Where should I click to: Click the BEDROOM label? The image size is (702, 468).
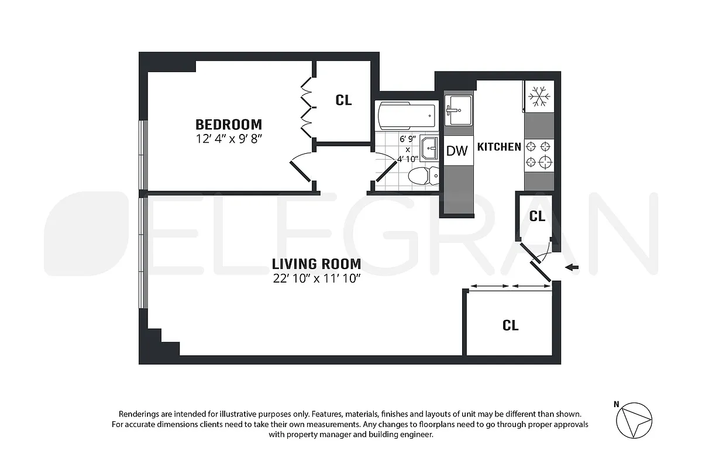click(x=228, y=125)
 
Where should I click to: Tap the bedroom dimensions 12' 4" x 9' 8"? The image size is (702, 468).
click(x=228, y=139)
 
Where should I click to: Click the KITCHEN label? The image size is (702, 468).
click(x=499, y=147)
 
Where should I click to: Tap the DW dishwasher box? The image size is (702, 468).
click(x=457, y=151)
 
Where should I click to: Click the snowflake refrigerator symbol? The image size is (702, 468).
click(x=539, y=97)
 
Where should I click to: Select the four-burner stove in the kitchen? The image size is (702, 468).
click(x=539, y=154)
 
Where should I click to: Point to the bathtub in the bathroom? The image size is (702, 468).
click(x=407, y=116)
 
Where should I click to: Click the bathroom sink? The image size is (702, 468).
click(x=429, y=147)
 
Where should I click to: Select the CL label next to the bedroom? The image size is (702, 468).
click(x=344, y=100)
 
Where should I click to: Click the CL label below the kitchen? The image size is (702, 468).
click(x=537, y=216)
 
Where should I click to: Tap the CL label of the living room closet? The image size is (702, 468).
click(x=510, y=325)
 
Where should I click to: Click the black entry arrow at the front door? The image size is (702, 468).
click(x=573, y=268)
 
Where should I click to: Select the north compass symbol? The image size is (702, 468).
click(x=634, y=419)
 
